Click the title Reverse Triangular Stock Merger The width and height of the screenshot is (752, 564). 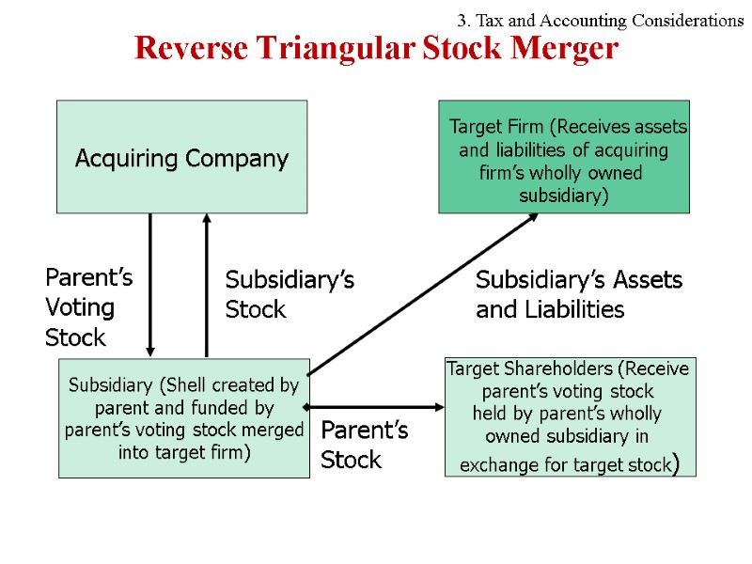376,48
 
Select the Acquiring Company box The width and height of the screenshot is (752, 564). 181,157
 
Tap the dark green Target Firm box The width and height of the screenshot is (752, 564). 564,158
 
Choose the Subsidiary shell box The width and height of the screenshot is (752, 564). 184,418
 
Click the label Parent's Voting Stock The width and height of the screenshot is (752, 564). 88,307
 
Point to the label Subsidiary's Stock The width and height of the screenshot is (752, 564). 289,295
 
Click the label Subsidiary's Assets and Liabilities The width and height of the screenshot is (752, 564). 578,295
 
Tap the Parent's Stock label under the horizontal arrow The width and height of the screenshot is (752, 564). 364,446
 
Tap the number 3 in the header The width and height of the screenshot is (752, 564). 462,20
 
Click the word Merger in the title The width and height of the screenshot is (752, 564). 570,48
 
